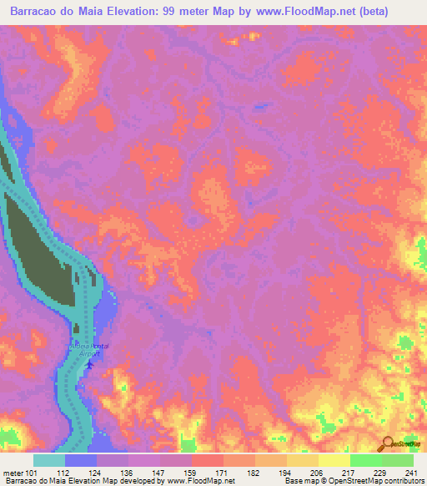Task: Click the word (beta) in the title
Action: pyautogui.click(x=397, y=12)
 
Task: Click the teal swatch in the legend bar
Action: pyautogui.click(x=49, y=460)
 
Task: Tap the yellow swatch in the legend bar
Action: pyautogui.click(x=334, y=460)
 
